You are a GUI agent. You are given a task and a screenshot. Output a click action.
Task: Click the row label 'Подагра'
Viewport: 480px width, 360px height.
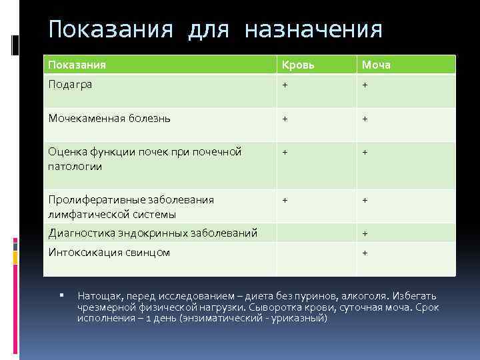point(70,85)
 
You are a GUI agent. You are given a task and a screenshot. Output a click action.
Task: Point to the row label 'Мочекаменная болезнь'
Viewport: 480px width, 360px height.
point(109,119)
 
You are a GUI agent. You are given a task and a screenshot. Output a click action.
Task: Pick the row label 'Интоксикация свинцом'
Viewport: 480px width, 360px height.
point(109,253)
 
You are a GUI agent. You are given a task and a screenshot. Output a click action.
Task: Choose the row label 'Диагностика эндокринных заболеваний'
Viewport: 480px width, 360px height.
point(153,233)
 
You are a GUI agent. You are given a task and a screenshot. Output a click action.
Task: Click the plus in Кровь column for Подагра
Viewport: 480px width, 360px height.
point(285,85)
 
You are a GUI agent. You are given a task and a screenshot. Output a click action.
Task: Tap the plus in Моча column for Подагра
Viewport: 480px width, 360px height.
point(365,85)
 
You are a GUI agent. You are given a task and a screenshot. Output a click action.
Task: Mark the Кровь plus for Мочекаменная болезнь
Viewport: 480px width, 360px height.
point(285,119)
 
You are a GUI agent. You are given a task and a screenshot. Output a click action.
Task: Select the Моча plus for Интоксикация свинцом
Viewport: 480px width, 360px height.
point(365,253)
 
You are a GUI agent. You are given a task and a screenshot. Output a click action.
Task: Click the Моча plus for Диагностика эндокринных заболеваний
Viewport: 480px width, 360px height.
point(365,233)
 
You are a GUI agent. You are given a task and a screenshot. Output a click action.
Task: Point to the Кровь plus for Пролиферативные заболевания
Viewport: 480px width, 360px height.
point(285,199)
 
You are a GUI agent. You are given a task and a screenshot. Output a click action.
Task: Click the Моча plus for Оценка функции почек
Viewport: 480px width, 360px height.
point(365,152)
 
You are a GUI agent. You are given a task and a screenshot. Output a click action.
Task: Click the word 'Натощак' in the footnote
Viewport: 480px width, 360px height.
point(98,295)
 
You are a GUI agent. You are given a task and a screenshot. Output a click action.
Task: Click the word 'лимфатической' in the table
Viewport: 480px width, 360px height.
point(82,214)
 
